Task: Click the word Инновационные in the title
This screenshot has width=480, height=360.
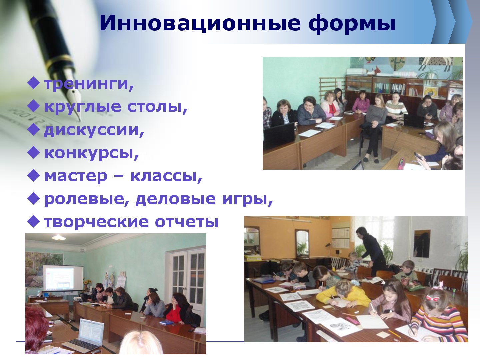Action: click(200, 23)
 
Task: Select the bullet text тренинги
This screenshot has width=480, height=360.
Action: click(89, 83)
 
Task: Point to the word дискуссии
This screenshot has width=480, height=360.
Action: click(94, 130)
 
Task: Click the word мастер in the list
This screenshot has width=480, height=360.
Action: click(76, 176)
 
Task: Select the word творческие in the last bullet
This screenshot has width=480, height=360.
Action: click(96, 222)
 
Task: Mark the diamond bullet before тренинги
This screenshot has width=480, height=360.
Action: click(34, 83)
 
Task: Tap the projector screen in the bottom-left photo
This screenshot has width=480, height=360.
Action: click(63, 278)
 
